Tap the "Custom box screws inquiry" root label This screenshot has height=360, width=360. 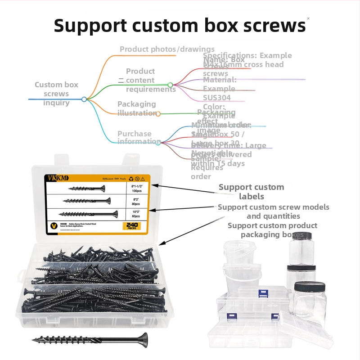click(x=56, y=94)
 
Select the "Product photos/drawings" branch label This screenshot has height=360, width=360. click(x=167, y=49)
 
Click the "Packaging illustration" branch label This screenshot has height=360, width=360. click(x=137, y=108)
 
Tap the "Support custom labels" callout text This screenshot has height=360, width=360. click(x=251, y=191)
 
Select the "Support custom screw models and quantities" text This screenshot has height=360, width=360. click(x=273, y=211)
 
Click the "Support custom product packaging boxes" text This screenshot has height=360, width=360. click(x=272, y=230)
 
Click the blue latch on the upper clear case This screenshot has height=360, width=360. click(x=263, y=293)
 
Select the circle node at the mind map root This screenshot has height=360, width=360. click(x=84, y=99)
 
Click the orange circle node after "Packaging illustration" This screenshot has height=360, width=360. click(x=158, y=114)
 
